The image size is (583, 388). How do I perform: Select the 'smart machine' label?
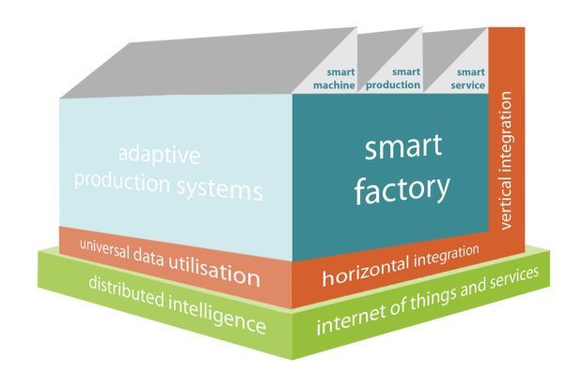point(334,79)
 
